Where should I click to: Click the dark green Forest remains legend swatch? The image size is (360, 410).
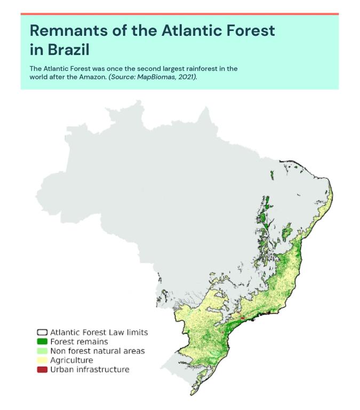[x=42, y=341]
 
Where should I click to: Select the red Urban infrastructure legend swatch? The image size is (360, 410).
[x=42, y=369]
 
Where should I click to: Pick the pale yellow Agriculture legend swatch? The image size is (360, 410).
[x=42, y=360]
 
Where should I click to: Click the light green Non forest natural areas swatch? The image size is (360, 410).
[x=42, y=351]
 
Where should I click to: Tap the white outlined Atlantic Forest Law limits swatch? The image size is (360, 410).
[x=42, y=332]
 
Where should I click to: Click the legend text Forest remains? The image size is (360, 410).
[x=79, y=341]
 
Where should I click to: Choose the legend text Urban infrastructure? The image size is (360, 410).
[x=90, y=369]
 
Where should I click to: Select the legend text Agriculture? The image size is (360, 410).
[x=71, y=360]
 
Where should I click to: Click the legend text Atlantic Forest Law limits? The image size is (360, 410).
[x=99, y=332]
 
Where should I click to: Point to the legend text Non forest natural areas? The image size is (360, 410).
[x=97, y=351]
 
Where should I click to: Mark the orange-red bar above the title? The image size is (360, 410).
[x=180, y=13]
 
